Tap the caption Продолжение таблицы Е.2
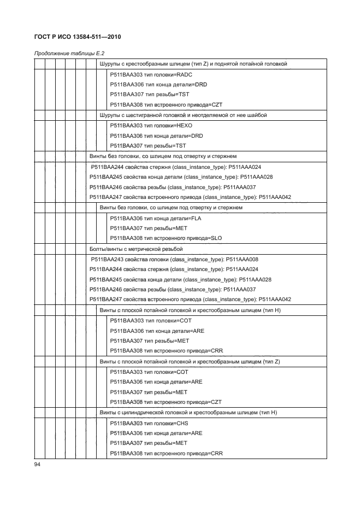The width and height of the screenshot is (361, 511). [x=69, y=54]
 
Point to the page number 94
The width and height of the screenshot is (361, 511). [x=38, y=464]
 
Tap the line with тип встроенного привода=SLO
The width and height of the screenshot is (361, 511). [x=165, y=238]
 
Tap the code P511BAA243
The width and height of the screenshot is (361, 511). [x=106, y=260]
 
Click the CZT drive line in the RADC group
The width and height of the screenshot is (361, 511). [x=166, y=104]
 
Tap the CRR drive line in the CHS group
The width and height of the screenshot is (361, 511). [x=166, y=454]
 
